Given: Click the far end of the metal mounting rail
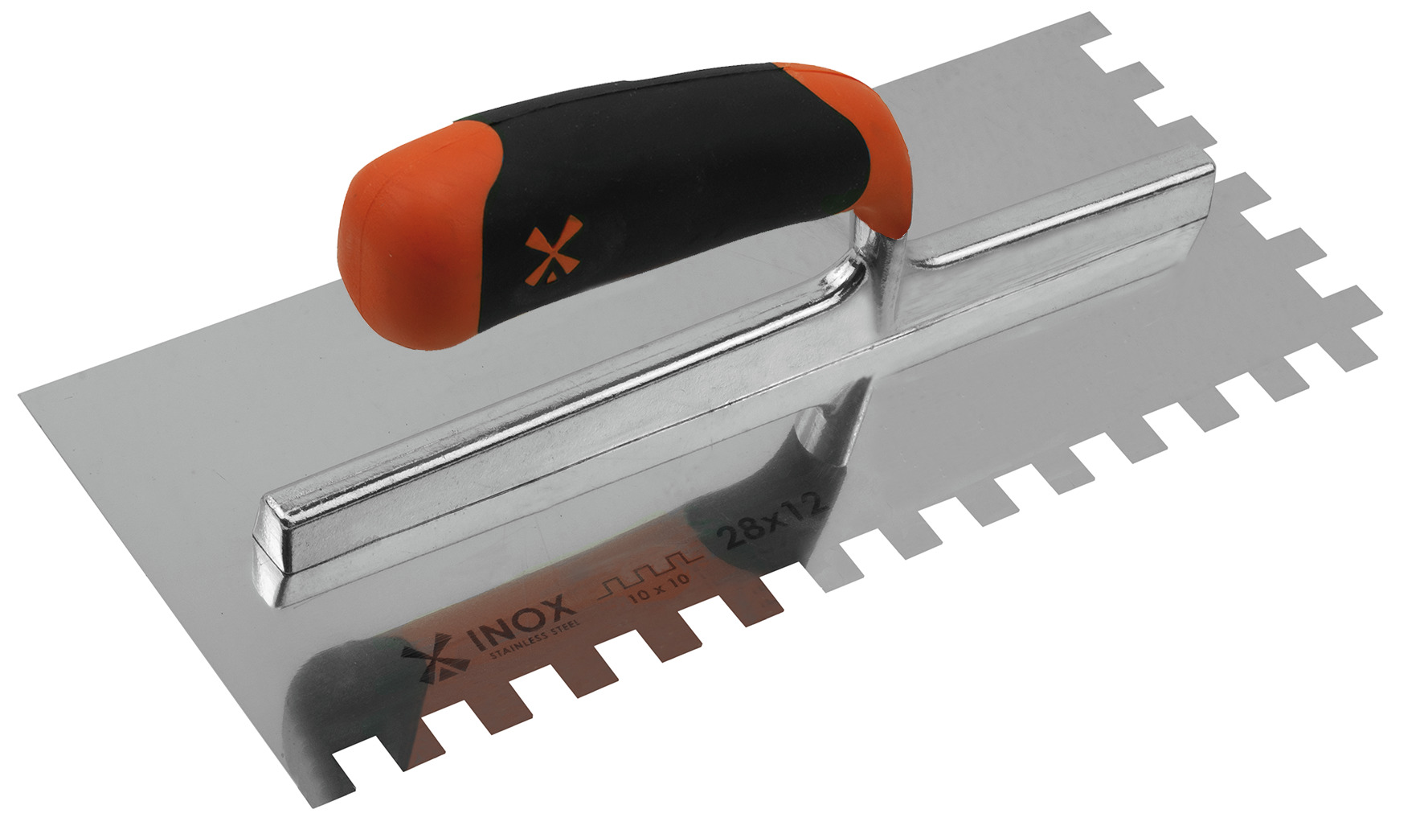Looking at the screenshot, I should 1197,181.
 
